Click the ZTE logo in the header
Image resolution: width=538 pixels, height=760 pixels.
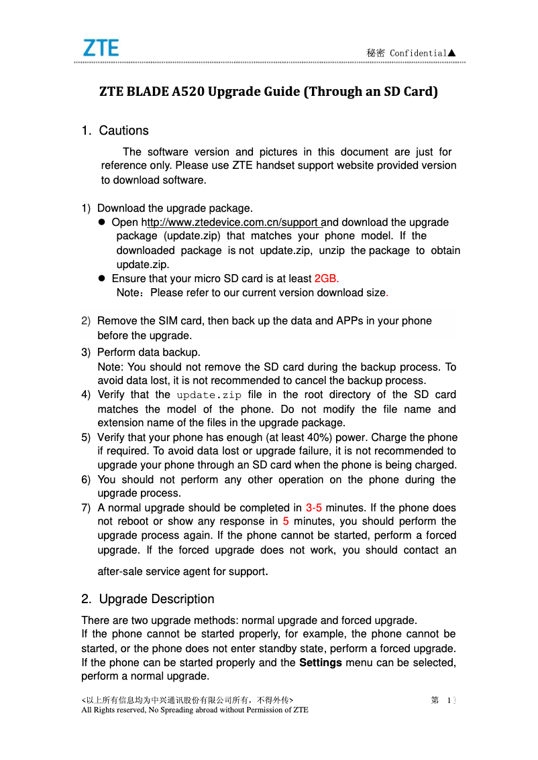[x=101, y=48]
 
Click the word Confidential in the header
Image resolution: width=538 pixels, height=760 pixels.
[x=418, y=53]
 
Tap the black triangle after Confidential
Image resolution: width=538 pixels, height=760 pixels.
[x=452, y=53]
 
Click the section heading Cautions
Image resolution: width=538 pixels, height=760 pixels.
[x=123, y=131]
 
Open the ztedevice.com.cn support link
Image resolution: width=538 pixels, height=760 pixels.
[x=232, y=222]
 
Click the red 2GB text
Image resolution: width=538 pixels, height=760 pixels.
[x=326, y=278]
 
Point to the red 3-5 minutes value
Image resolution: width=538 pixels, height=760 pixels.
[x=314, y=507]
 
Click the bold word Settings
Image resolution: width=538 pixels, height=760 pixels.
[x=320, y=663]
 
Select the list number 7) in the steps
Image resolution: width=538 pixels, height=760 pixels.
[x=86, y=507]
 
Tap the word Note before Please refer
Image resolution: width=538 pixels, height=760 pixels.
[x=128, y=293]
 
